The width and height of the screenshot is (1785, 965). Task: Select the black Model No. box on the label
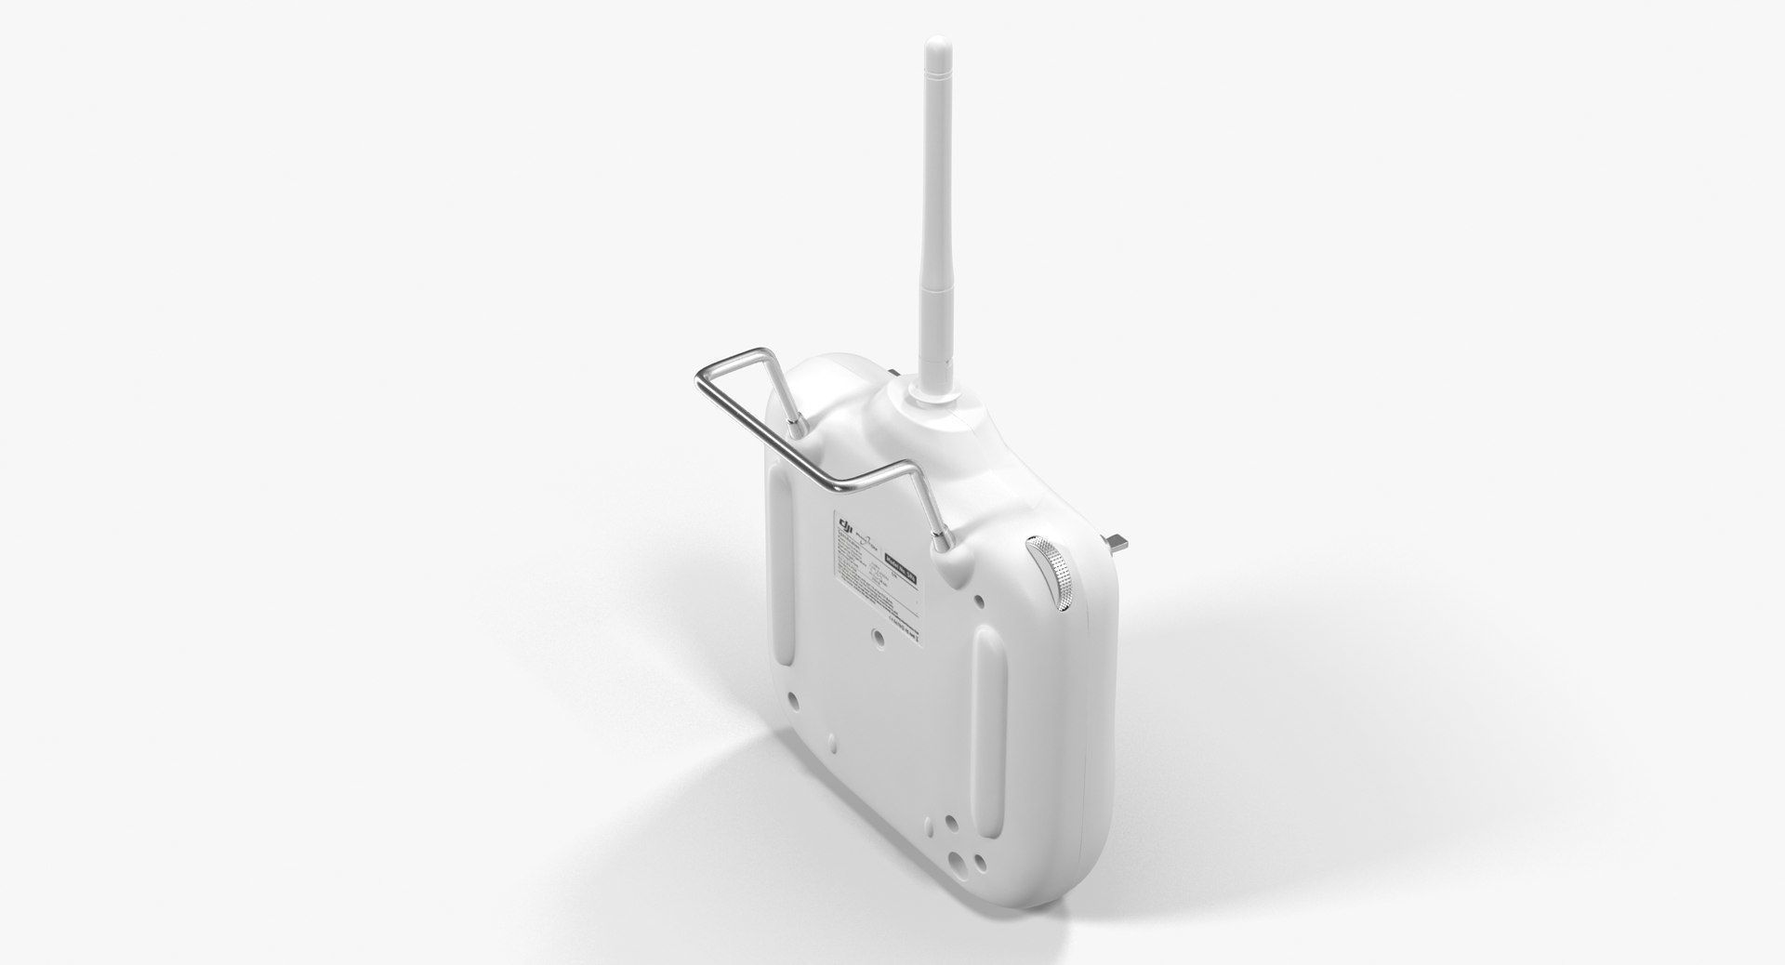click(x=901, y=567)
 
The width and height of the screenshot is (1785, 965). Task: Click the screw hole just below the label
click(x=879, y=639)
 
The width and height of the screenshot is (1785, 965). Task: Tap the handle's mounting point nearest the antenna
click(x=797, y=423)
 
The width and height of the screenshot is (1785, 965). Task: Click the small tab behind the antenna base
click(x=892, y=375)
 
